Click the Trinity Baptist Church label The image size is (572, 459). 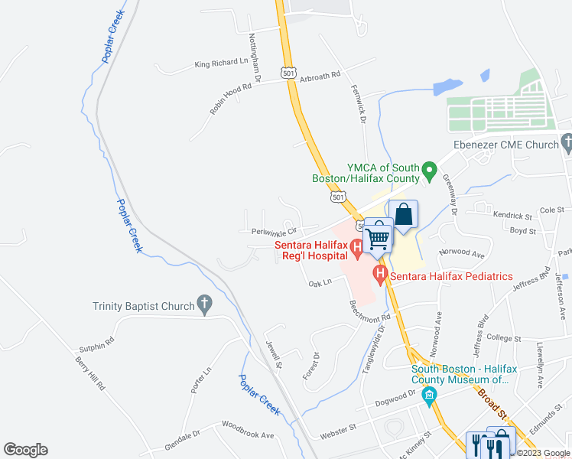[x=144, y=306]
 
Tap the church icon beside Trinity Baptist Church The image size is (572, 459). [x=204, y=304]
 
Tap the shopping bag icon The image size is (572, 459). [x=404, y=215]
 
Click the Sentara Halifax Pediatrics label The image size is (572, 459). [x=451, y=275]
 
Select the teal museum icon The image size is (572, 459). [x=429, y=396]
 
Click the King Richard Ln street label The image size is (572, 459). [x=222, y=63]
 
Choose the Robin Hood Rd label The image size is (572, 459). [x=231, y=99]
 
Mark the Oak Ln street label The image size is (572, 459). [x=320, y=282]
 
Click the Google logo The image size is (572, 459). [x=25, y=450]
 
